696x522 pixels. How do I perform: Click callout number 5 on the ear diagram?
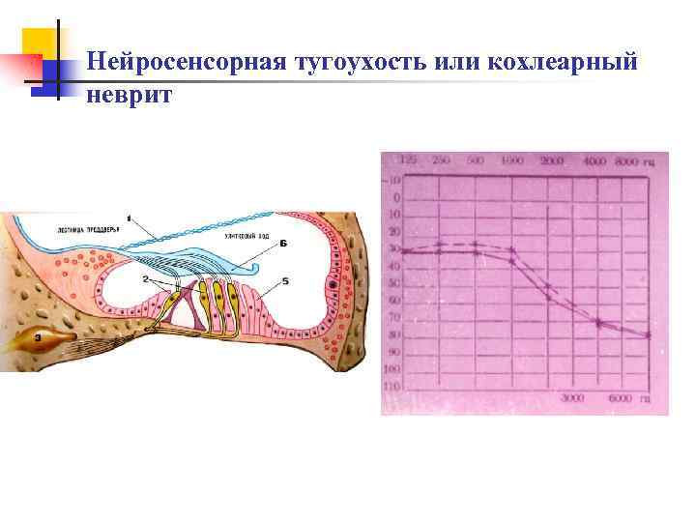coord(285,281)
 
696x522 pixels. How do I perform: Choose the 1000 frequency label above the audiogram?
coord(512,159)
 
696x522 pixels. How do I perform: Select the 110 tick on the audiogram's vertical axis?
coord(392,386)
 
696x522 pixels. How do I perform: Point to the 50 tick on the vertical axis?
coord(392,283)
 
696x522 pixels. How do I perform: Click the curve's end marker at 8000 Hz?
coord(648,335)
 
